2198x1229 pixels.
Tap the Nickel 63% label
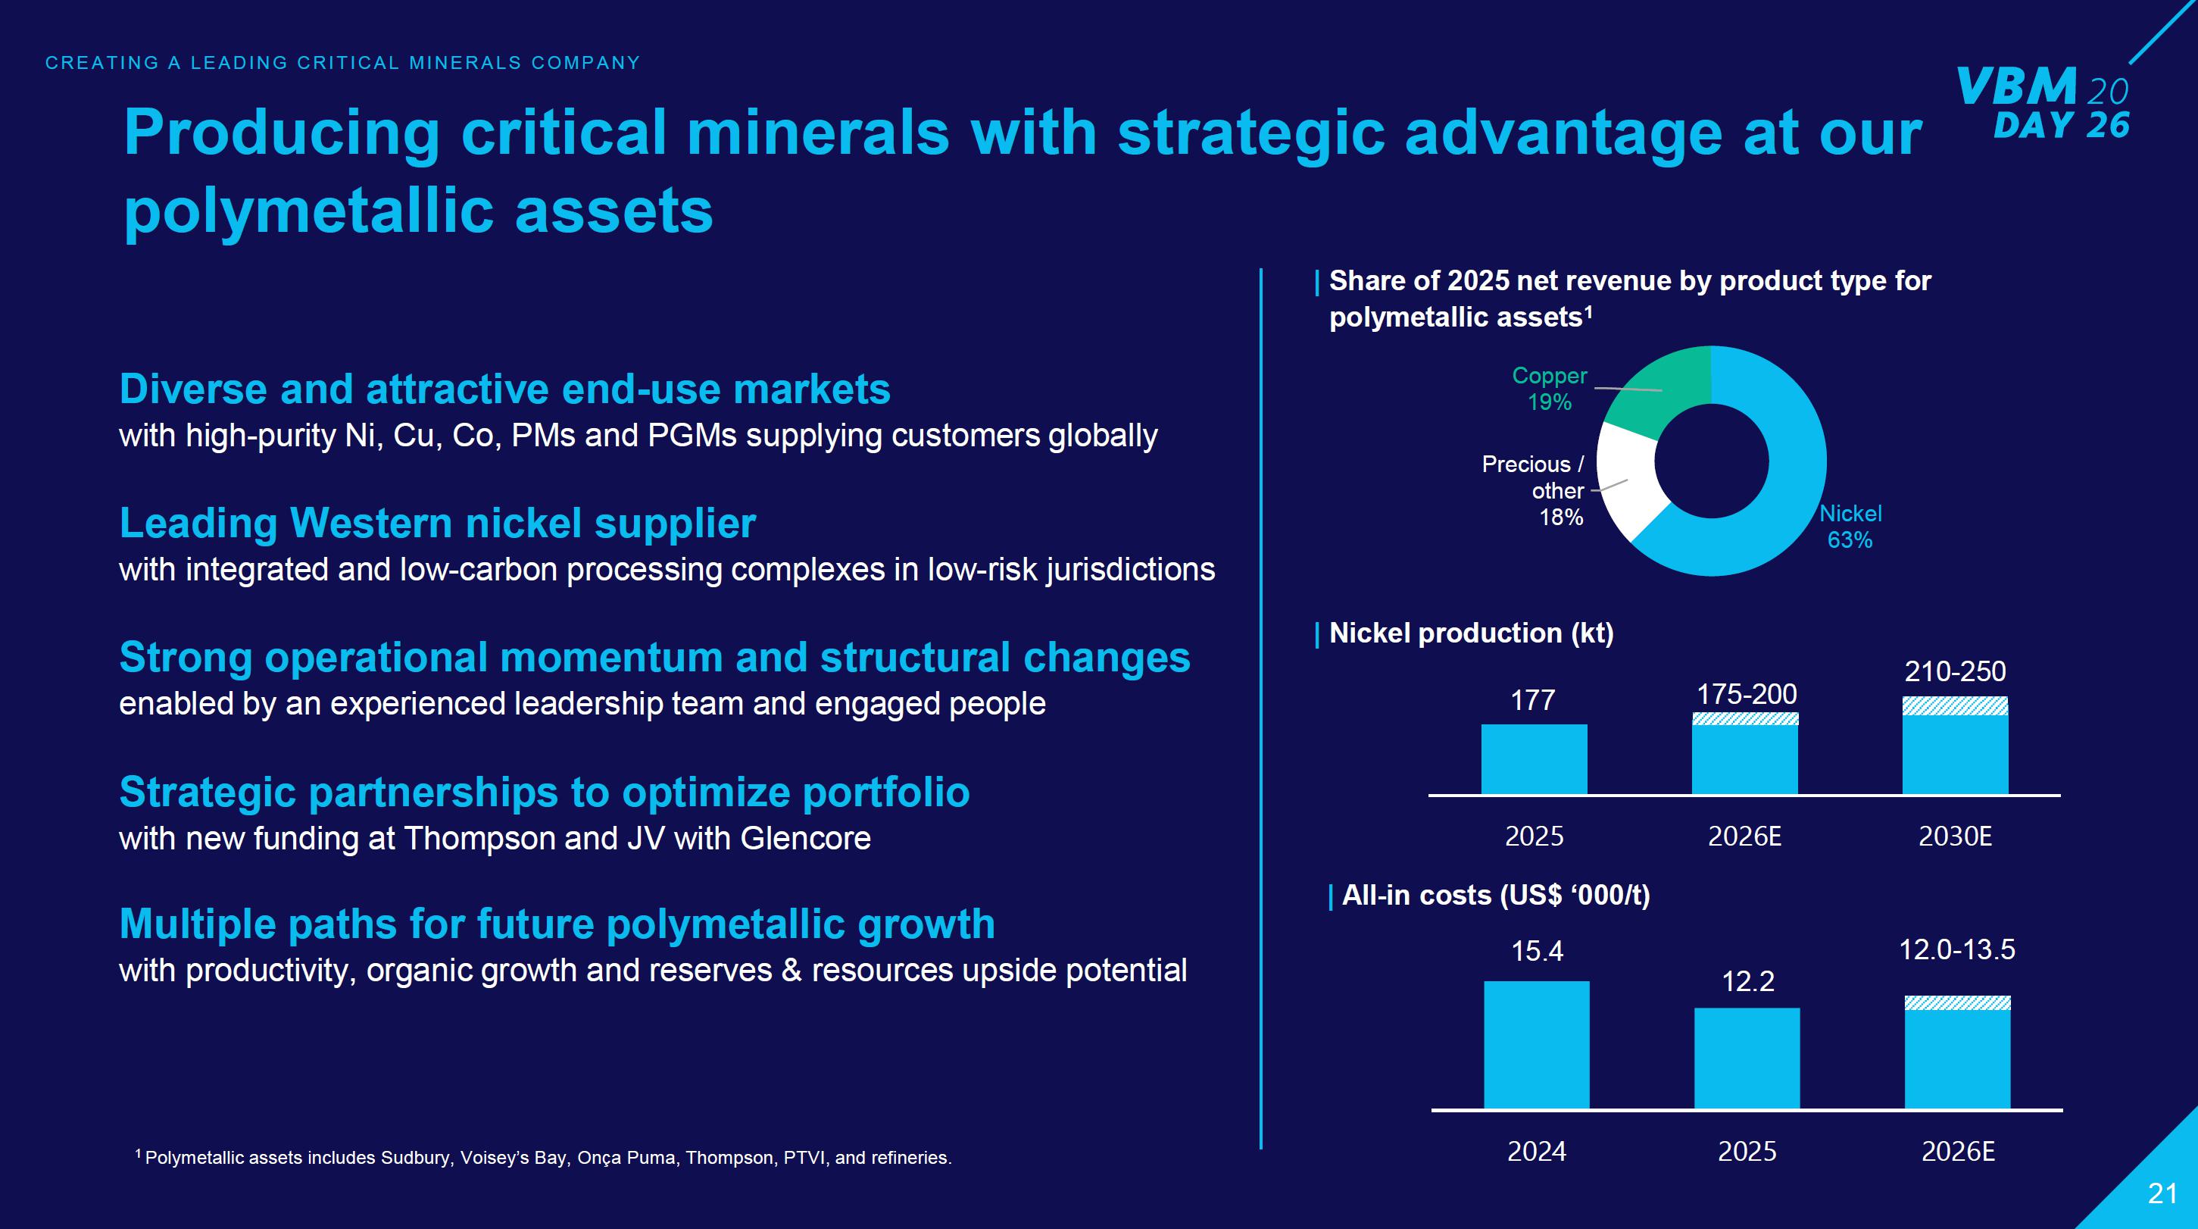(1850, 527)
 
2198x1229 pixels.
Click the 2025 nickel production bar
(1535, 759)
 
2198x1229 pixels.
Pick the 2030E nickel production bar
(1955, 752)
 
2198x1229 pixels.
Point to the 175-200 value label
(1747, 695)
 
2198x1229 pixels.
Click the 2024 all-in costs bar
(1537, 1046)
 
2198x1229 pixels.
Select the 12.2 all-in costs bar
(1747, 1059)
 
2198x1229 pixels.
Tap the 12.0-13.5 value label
(1956, 950)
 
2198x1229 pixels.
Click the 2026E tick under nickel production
(1744, 837)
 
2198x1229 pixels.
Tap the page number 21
(2162, 1193)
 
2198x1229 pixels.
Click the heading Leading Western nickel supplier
(437, 523)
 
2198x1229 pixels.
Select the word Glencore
(805, 839)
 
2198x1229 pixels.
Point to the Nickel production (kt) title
(1471, 633)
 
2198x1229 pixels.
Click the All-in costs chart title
(1496, 896)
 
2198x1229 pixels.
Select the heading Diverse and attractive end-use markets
(504, 389)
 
